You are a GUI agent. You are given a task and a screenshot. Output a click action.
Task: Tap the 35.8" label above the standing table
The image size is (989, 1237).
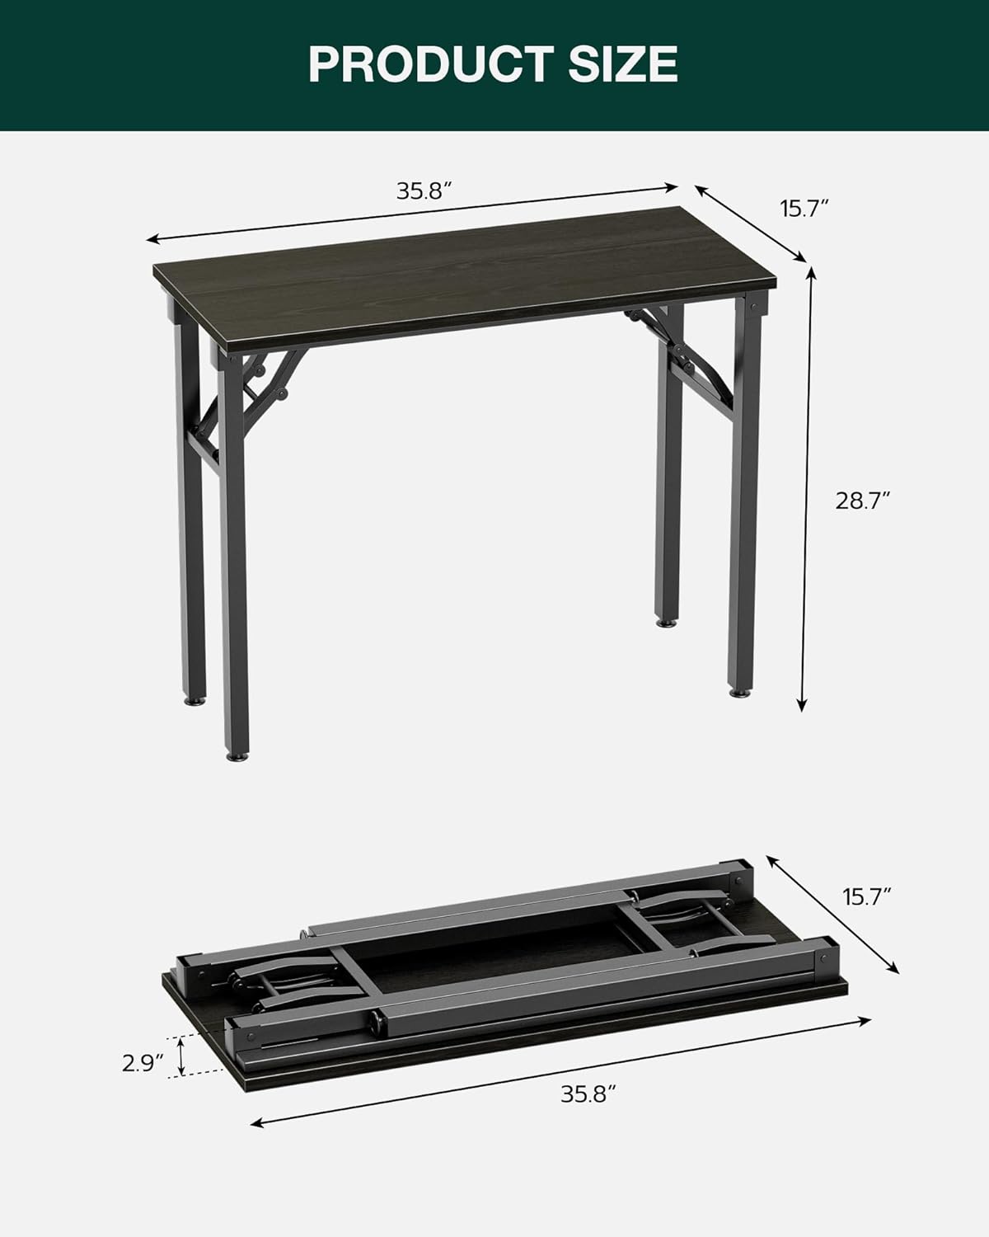click(x=424, y=191)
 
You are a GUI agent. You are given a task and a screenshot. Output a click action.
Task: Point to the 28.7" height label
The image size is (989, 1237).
click(x=863, y=501)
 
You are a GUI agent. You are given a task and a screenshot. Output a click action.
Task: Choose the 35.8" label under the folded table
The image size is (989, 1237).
click(x=588, y=1094)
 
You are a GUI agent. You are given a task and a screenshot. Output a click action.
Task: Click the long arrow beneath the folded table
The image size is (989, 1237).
click(x=560, y=1072)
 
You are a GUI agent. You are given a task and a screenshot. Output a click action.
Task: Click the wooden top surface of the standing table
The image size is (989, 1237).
click(x=462, y=280)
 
